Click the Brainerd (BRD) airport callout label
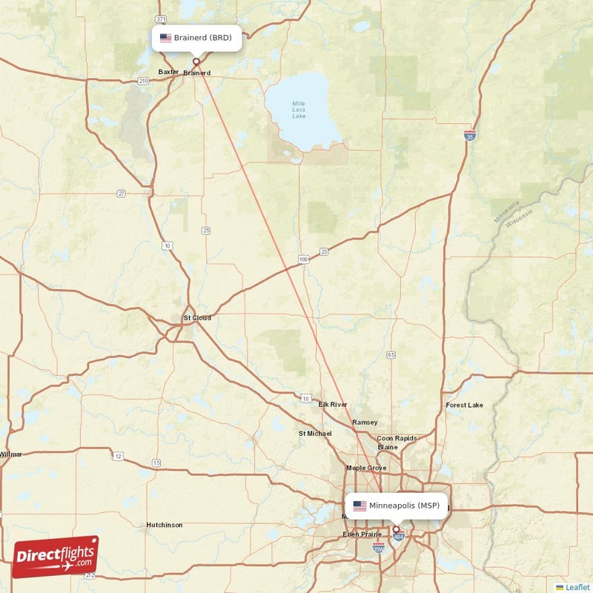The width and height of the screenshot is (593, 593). pos(196,38)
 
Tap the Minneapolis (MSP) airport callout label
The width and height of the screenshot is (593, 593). pos(397,506)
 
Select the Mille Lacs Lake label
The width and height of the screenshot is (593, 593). pos(299,110)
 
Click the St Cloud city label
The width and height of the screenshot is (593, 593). pos(197,318)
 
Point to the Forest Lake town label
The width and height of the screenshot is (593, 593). pos(464,405)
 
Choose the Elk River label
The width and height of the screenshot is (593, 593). pos(333,405)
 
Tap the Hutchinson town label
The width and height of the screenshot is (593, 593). pos(164,525)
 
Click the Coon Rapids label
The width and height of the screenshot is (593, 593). pos(397,438)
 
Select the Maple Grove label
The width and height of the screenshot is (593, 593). pos(366,468)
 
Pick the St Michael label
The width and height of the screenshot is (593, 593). pos(315,433)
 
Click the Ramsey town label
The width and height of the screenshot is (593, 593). pos(365,422)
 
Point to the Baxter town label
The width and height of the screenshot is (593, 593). pos(168,72)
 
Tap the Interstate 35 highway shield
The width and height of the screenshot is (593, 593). pos(469,135)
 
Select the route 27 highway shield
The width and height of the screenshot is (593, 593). pos(121,193)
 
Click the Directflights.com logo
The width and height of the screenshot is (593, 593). pos(56,557)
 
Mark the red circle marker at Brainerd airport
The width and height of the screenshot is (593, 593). pos(196,62)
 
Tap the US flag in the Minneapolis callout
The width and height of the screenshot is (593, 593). pos(360,506)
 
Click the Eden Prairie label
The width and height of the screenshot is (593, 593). pos(361,534)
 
